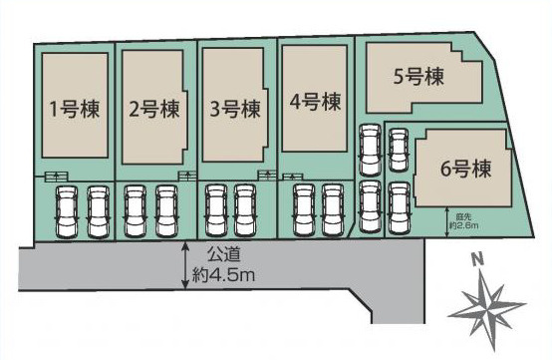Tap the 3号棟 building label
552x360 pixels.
click(x=235, y=107)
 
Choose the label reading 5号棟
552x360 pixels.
click(x=417, y=75)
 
